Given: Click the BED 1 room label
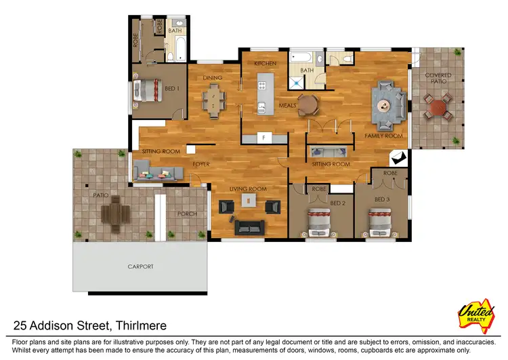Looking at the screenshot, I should [x=172, y=89].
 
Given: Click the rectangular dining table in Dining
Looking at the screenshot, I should [x=216, y=101].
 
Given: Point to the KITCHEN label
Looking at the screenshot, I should [x=265, y=63].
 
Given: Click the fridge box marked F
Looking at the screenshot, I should [x=265, y=138].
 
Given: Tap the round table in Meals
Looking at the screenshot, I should [x=308, y=104].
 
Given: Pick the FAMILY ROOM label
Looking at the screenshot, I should [x=383, y=136].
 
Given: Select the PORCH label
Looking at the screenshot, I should [x=186, y=214].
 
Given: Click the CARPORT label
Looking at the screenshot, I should [x=140, y=266].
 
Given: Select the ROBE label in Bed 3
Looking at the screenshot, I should [x=389, y=174].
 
